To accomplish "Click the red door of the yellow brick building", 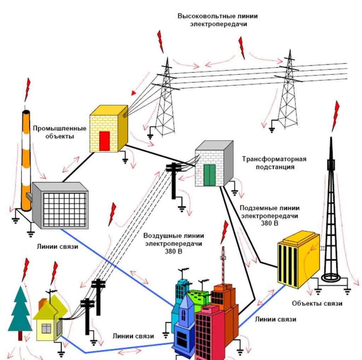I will click(104, 141).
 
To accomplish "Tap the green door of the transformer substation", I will click(210, 175).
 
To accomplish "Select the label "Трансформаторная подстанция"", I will click(274, 163).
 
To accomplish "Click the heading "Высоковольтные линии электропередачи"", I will click(217, 20).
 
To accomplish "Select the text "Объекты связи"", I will click(317, 303).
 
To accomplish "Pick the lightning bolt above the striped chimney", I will click(27, 89).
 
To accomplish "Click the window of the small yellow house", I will click(46, 328).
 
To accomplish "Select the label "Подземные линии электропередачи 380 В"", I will click(269, 216).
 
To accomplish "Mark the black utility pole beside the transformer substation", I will click(174, 181).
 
